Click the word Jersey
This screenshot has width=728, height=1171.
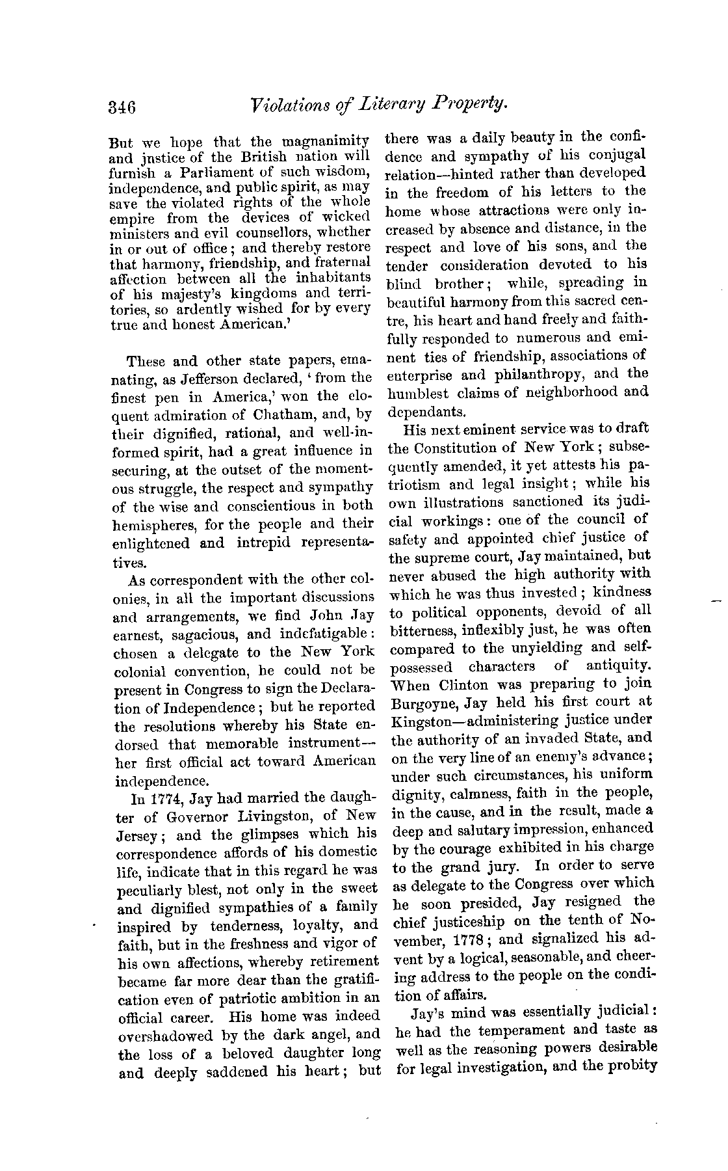(137, 835)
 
